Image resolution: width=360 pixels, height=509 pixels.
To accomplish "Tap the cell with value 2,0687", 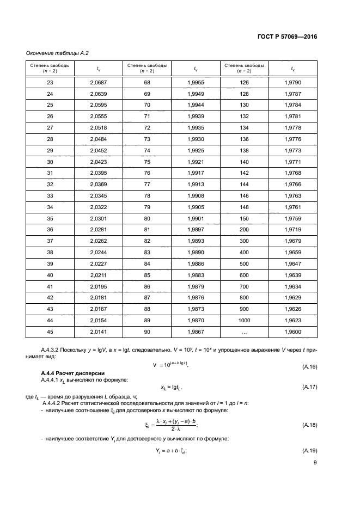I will click(99, 82).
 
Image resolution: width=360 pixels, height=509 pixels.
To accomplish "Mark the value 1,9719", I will click(292, 230).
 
